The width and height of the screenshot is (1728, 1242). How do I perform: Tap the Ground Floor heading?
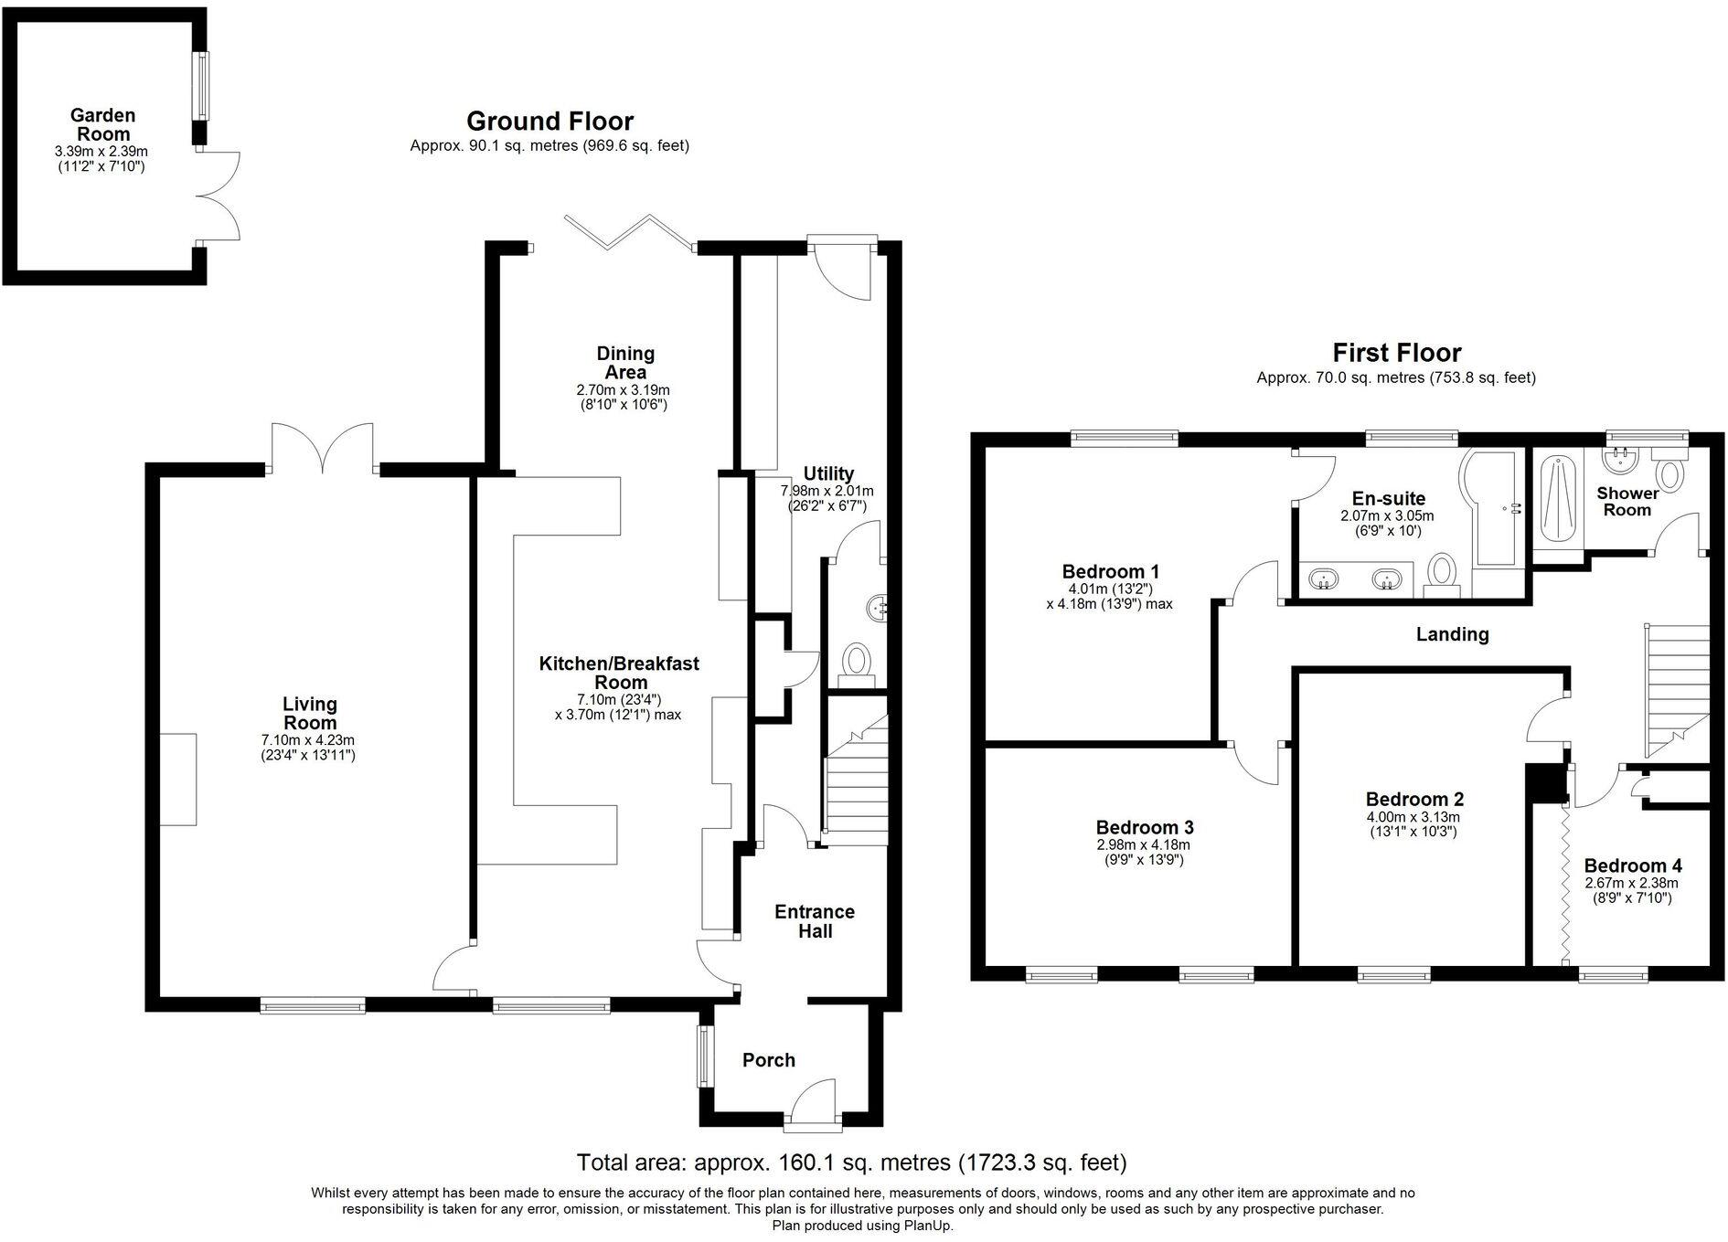[549, 122]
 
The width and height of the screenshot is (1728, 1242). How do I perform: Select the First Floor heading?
[1396, 353]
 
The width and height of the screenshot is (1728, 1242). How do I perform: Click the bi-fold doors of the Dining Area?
[628, 232]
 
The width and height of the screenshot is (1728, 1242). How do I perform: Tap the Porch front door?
[813, 1102]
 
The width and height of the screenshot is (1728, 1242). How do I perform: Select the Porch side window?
[705, 1056]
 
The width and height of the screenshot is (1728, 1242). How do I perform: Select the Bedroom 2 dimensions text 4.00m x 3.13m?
[1413, 817]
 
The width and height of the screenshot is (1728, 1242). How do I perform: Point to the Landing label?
[1452, 634]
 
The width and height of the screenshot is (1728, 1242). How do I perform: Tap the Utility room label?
[827, 473]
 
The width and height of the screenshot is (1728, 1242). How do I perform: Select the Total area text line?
[851, 1162]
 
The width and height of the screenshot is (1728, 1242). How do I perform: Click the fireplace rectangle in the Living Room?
[178, 779]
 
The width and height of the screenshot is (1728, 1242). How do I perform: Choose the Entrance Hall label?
[814, 921]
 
